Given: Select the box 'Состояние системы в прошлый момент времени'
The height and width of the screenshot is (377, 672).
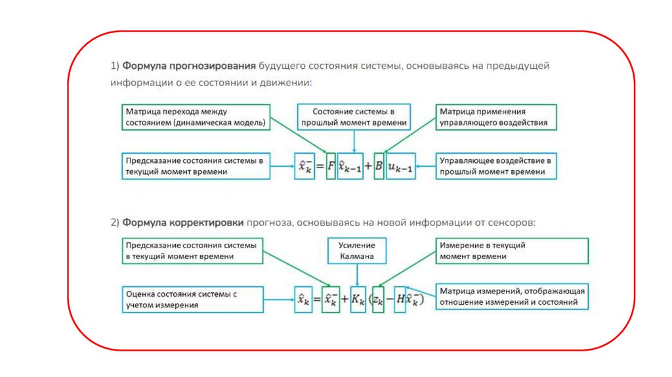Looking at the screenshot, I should click(x=354, y=117).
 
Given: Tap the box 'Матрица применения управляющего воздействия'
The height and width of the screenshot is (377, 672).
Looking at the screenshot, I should click(x=497, y=117).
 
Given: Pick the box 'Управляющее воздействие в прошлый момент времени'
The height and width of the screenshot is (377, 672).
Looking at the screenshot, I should click(x=497, y=166).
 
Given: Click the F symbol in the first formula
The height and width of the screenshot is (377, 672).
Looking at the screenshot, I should click(x=331, y=166).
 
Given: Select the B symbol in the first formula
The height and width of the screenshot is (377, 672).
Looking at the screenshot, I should click(x=378, y=167).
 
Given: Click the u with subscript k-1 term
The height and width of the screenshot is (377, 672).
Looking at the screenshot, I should click(x=400, y=167).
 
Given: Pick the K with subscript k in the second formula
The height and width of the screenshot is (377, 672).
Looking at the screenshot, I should click(x=358, y=300).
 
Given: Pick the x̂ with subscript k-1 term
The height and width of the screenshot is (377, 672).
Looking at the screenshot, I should click(x=350, y=167).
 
